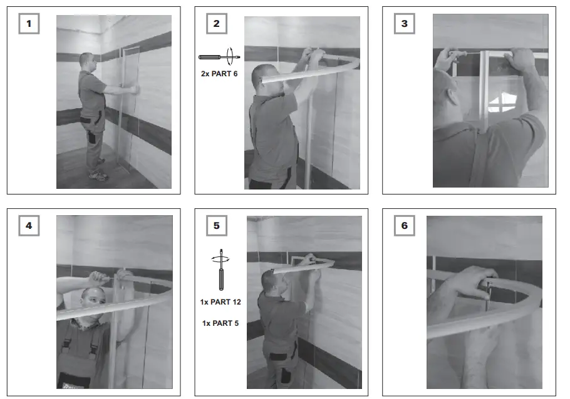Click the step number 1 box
coord(29,24)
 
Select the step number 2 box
coord(217,24)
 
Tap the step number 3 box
coord(405,24)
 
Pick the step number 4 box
coord(29,226)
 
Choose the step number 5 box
coord(217,226)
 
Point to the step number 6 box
coord(405,226)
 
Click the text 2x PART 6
coord(219,74)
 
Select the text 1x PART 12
coord(220,302)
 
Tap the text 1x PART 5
coord(220,323)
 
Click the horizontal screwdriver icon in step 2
coord(219,57)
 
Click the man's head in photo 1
coord(86,62)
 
